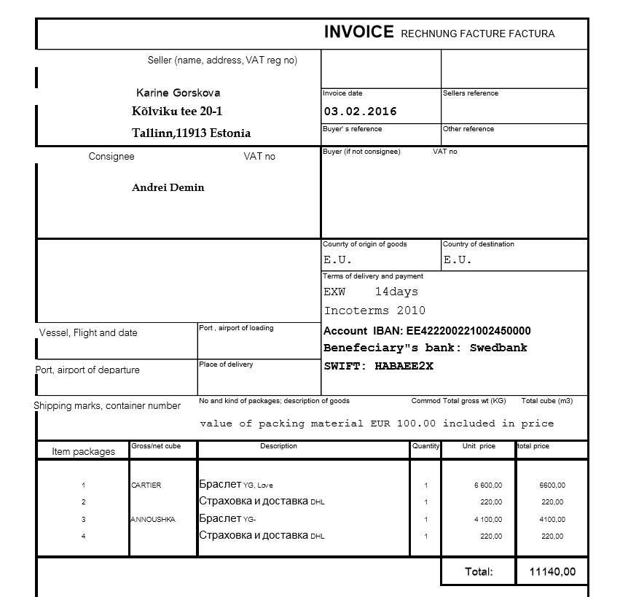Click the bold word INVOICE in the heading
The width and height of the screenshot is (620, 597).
358,32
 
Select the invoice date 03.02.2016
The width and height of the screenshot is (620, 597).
360,112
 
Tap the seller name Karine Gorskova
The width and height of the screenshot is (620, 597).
178,93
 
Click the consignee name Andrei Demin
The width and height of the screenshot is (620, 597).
168,187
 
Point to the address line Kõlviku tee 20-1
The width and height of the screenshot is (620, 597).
177,112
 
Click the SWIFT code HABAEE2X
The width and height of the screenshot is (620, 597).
404,366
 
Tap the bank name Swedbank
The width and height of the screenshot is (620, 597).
498,348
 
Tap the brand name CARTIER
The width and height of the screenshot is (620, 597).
146,485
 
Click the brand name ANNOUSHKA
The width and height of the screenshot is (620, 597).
152,520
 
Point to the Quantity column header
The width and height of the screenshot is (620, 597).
425,446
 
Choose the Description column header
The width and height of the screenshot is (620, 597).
278,446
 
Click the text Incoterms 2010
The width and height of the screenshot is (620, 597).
374,311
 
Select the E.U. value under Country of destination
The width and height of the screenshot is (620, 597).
458,260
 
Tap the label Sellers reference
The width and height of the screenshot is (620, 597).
471,93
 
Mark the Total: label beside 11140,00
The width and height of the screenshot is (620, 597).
479,571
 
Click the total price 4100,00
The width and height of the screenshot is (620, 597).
552,520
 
